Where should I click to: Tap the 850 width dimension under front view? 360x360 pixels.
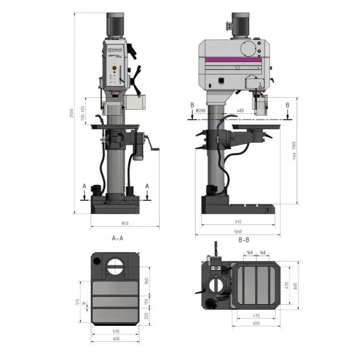(x=125, y=224)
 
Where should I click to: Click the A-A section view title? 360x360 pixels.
(x=118, y=238)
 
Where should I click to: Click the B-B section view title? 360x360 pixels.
(x=244, y=238)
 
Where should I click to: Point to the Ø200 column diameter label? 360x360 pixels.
(x=201, y=111)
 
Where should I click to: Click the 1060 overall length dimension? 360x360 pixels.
(x=238, y=232)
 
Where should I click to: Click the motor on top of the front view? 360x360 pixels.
(x=116, y=26)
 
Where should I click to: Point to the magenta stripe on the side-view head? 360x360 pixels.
(x=234, y=59)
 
